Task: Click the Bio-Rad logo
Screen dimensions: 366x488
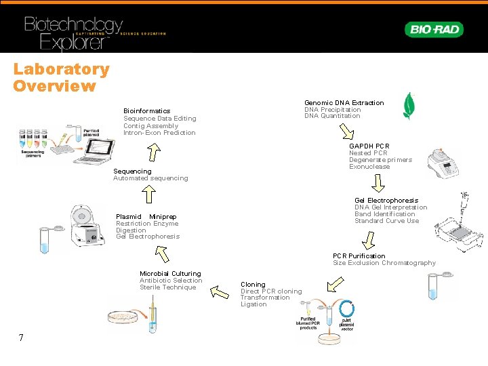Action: [434, 29]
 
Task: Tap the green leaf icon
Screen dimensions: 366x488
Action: [409, 106]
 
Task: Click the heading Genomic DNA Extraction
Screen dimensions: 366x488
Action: [344, 103]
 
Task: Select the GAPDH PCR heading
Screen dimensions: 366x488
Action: [369, 146]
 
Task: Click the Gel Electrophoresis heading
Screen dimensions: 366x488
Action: [386, 201]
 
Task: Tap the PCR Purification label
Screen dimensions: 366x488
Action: [359, 256]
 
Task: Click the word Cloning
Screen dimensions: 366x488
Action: [253, 285]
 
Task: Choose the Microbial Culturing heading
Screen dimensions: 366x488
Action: [170, 274]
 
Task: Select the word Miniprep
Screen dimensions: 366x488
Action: [163, 217]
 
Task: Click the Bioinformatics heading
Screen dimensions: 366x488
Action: [146, 110]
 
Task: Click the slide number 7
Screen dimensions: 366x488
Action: [21, 338]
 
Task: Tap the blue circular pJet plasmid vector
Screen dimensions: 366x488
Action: [347, 310]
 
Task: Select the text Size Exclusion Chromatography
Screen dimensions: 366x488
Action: [384, 263]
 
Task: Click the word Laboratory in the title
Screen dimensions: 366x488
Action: [61, 69]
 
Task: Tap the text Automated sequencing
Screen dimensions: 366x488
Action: [150, 178]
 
